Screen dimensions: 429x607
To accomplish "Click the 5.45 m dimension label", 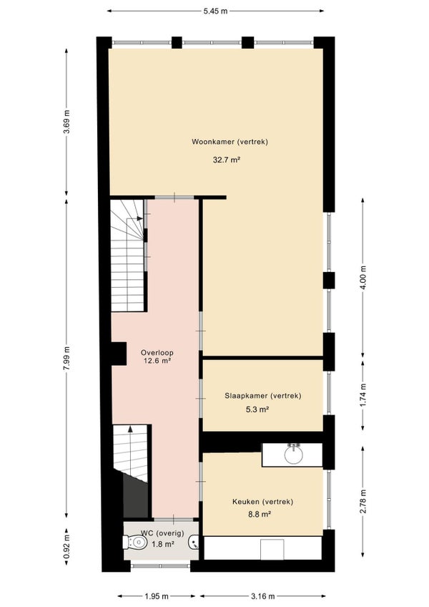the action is coord(215,11).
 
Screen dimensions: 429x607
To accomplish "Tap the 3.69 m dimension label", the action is coord(67,122).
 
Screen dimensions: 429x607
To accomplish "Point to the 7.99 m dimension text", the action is coord(67,358).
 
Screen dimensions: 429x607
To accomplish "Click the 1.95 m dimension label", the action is coord(157,596).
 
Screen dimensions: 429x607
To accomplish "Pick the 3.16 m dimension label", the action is coord(262,596).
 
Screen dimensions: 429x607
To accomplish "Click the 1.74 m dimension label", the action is coord(363,395).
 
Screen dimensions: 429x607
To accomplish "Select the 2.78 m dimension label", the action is coord(363,501).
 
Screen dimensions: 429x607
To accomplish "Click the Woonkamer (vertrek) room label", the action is coord(230,142).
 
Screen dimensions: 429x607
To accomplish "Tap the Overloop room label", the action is coord(157,353).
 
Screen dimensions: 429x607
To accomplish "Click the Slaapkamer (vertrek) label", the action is coord(262,396).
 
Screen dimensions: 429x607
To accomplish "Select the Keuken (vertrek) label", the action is coord(262,502).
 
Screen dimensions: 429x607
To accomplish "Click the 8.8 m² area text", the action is coord(258,515).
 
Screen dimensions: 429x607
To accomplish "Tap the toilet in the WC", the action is coord(134,542).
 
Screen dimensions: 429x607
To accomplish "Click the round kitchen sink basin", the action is coord(294,455).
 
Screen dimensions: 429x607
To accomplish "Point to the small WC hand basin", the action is coord(194,542).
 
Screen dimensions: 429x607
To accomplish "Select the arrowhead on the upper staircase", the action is coord(140,218).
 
